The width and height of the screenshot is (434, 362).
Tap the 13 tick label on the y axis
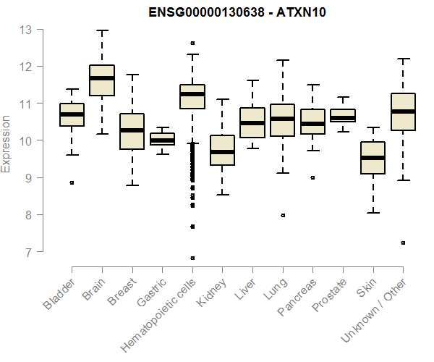coord(26,30)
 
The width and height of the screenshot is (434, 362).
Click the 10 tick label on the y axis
coord(26,140)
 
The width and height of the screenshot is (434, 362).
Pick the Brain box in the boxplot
coord(102,80)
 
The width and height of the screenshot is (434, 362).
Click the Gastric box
coord(162,139)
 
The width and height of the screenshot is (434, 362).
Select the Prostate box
coord(343,116)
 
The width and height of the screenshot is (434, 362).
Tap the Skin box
coord(373,157)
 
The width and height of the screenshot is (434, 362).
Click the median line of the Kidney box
coord(222,152)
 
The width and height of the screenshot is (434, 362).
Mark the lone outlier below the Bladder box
coord(72,182)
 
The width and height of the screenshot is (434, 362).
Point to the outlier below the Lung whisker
coord(282,215)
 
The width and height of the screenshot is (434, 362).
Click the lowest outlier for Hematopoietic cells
coord(192,258)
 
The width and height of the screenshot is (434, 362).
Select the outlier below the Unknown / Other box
coord(403,243)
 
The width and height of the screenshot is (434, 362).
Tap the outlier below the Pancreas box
coord(312,177)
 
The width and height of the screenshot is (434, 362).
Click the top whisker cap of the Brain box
coord(102,31)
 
